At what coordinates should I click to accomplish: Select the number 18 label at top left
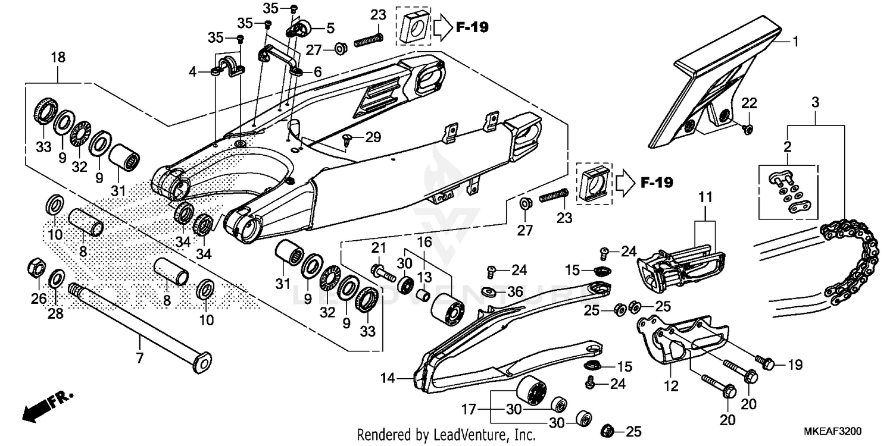58,58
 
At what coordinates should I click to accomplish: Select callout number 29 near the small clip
372,138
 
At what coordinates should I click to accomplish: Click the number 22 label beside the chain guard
748,103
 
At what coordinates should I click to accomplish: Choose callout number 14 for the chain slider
388,377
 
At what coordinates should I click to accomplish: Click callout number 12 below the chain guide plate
671,387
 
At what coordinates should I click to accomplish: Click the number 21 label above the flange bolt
379,247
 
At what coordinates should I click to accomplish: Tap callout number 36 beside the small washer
516,291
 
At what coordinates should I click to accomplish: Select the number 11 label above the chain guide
705,196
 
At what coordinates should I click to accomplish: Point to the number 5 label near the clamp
329,27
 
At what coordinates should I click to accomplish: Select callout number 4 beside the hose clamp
192,73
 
